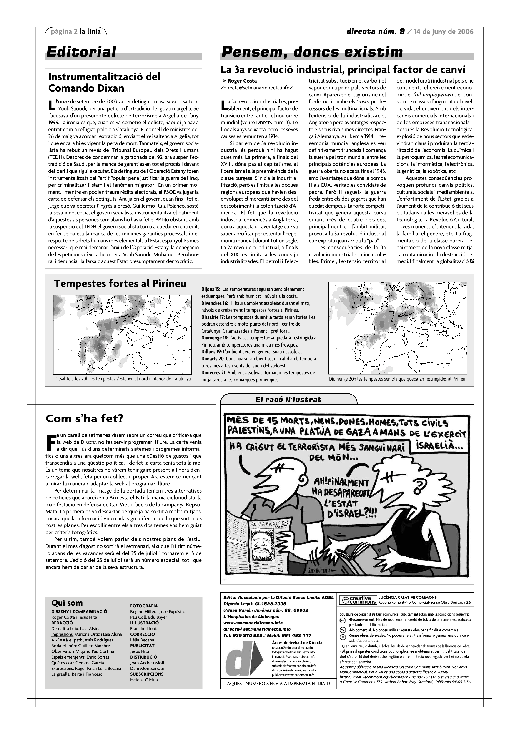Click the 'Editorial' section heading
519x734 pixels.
pos(81,52)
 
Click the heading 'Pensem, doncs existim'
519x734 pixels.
pos(312,52)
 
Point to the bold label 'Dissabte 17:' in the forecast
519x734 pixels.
pos(213,317)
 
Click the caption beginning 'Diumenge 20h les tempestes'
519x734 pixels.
pos(397,379)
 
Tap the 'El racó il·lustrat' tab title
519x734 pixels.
pos(288,399)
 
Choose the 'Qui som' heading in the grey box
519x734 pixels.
pos(67,603)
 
